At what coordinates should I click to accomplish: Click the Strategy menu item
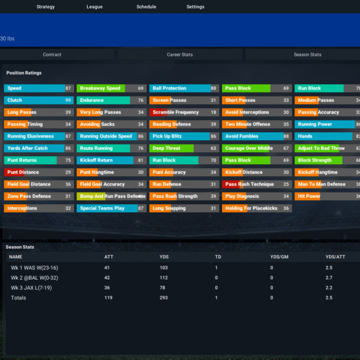coord(46,7)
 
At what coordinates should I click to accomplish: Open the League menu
coord(94,7)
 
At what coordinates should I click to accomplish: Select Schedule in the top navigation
coord(146,7)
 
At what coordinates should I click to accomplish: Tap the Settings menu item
coord(195,7)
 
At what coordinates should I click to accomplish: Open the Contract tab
coord(52,55)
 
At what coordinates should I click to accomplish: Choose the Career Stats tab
coord(180,55)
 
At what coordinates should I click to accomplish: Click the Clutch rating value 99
coord(68,100)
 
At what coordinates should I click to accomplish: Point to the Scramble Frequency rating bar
coord(184,112)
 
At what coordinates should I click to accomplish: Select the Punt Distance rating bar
coord(39,172)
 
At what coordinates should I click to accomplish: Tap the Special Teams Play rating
coord(112,208)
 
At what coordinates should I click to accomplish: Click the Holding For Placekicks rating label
coord(251,208)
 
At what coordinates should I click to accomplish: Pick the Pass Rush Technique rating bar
coord(257,184)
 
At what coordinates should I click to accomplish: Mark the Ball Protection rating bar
coord(184,88)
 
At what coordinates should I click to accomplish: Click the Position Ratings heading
coord(24,73)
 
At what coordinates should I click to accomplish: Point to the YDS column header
coord(164,257)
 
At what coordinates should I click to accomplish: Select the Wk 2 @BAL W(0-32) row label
coord(35,278)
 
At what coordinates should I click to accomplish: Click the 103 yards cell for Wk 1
coord(164,268)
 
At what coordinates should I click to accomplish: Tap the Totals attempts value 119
coord(108,298)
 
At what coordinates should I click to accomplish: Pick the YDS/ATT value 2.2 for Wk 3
coord(329,288)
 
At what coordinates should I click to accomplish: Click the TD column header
coord(218,257)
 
